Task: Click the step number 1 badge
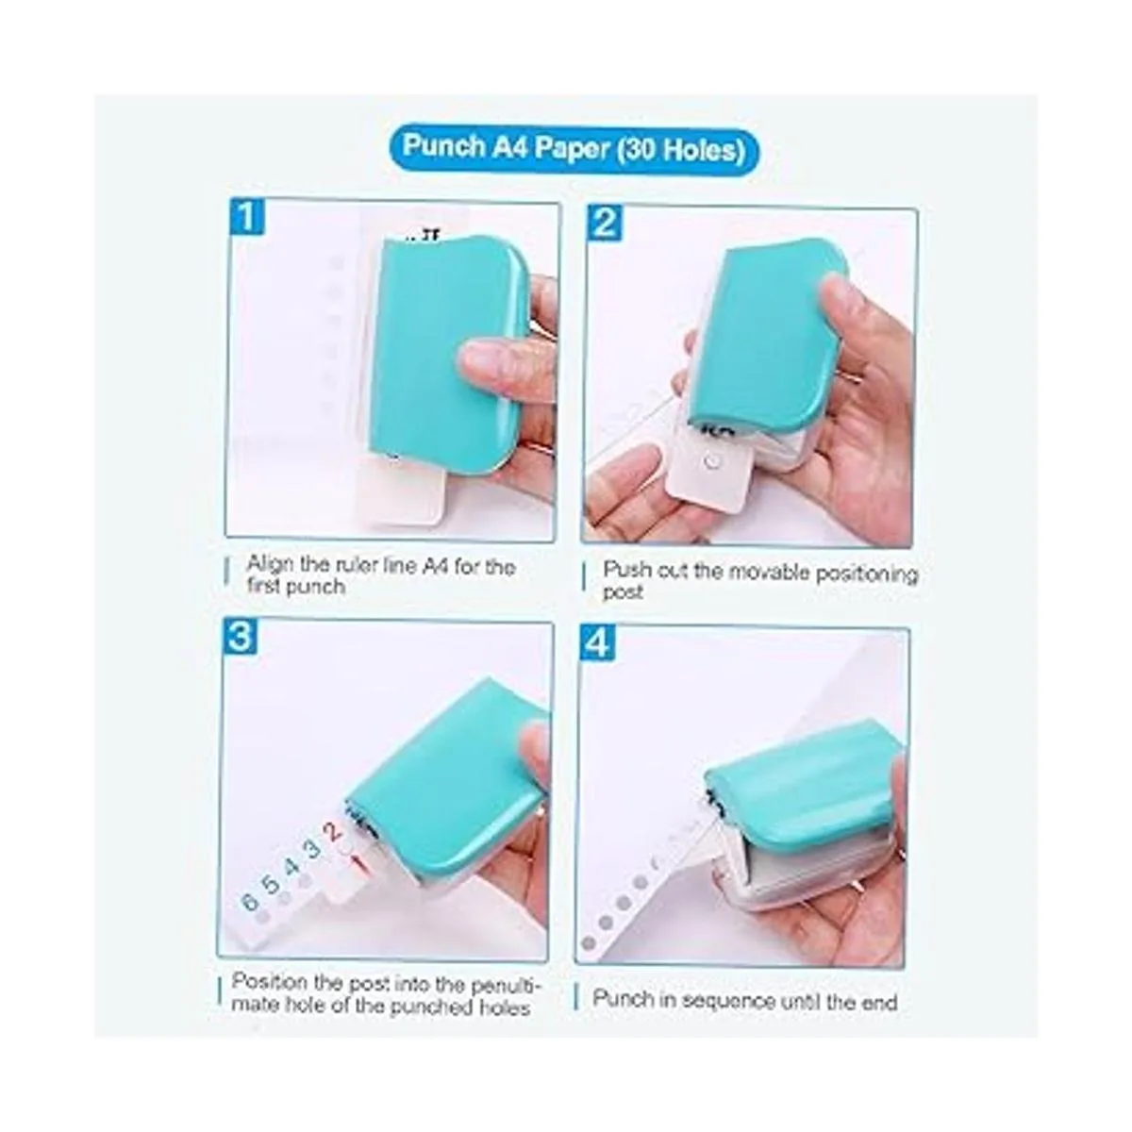(247, 216)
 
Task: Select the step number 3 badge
(241, 637)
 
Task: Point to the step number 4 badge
(597, 642)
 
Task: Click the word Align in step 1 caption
(271, 565)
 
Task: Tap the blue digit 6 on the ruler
(251, 901)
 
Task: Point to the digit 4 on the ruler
(291, 867)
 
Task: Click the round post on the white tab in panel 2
(713, 461)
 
